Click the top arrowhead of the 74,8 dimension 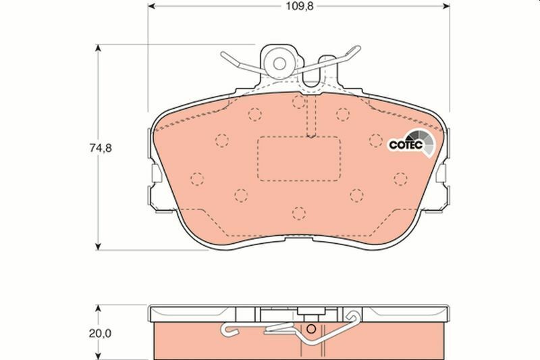coord(100,49)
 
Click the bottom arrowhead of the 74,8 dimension coord(100,245)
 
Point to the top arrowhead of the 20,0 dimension coord(100,308)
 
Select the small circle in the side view coord(311,330)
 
